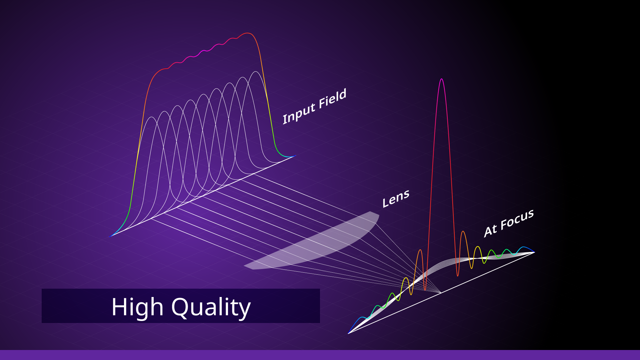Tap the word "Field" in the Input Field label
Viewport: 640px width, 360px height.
coord(332,99)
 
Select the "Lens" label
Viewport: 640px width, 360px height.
coord(396,199)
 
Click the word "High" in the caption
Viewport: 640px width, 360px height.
coord(137,307)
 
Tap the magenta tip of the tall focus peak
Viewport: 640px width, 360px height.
coord(441,79)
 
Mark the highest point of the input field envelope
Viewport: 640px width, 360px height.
coord(247,33)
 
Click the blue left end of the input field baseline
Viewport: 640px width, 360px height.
coord(110,237)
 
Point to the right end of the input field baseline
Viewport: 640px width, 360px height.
coord(295,156)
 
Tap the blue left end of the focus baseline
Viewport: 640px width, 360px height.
coord(348,333)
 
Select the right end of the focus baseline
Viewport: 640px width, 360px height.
coord(534,252)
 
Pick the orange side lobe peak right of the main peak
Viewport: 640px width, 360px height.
coord(463,231)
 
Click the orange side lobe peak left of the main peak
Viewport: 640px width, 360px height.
coord(420,250)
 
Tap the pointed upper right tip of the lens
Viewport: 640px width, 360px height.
coord(370,211)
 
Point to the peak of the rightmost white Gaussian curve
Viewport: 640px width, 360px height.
coord(256,72)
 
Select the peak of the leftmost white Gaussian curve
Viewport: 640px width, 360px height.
coord(152,117)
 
